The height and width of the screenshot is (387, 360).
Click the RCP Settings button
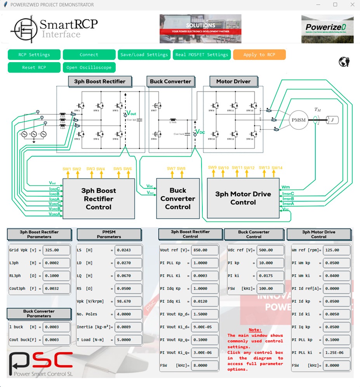(34, 55)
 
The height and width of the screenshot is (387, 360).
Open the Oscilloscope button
(89, 68)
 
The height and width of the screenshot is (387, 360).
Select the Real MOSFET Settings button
(202, 55)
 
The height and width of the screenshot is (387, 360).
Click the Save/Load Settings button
(144, 55)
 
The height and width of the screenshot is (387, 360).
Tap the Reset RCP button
(34, 68)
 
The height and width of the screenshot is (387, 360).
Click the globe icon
(344, 62)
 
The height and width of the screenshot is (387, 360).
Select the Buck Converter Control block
(178, 199)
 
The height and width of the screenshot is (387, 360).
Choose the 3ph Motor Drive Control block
(243, 198)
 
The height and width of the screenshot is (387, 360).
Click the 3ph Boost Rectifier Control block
(99, 199)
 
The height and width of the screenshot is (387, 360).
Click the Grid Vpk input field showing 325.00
(57, 250)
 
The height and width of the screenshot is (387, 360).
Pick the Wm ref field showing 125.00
(336, 250)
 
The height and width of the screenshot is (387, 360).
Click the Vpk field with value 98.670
(128, 302)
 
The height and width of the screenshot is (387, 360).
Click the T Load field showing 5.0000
(128, 340)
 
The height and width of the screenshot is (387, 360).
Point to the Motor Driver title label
(233, 82)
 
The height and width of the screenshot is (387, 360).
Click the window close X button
(352, 5)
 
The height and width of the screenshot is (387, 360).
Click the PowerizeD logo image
(327, 29)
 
